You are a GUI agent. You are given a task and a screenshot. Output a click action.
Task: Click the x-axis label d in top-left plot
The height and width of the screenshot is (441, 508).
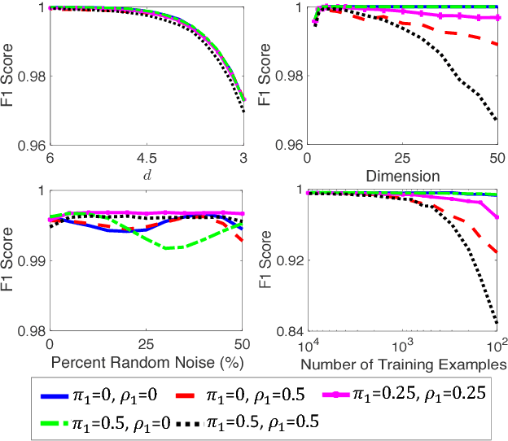tap(147, 172)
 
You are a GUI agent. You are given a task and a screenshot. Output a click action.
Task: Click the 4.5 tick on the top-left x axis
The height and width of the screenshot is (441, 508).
tap(147, 157)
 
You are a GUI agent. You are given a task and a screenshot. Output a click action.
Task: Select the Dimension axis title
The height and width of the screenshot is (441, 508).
tap(403, 173)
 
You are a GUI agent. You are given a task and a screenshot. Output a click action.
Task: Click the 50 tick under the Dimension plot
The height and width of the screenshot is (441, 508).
tap(497, 157)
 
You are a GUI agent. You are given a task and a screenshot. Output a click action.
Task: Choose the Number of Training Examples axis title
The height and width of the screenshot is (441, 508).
tap(403, 363)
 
